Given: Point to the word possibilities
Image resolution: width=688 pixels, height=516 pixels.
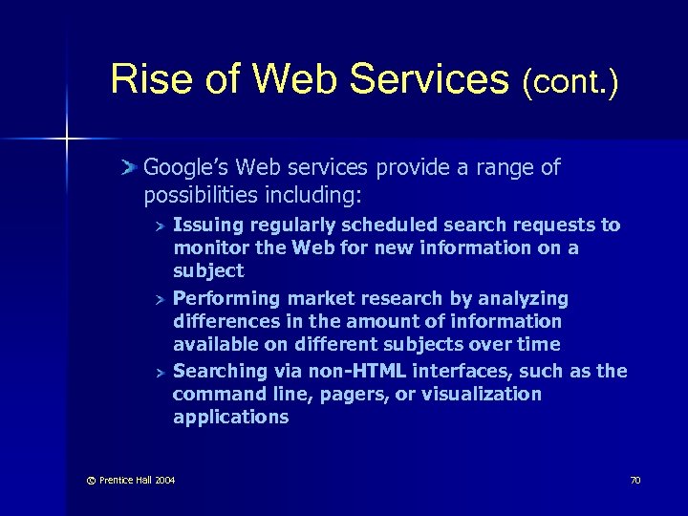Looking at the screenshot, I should click(x=202, y=195).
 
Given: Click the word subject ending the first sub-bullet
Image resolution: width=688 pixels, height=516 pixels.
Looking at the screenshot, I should click(x=208, y=271).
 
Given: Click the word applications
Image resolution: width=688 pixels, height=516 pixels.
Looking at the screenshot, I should click(x=230, y=417).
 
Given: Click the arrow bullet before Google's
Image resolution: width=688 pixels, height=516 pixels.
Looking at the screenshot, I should click(x=130, y=168).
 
